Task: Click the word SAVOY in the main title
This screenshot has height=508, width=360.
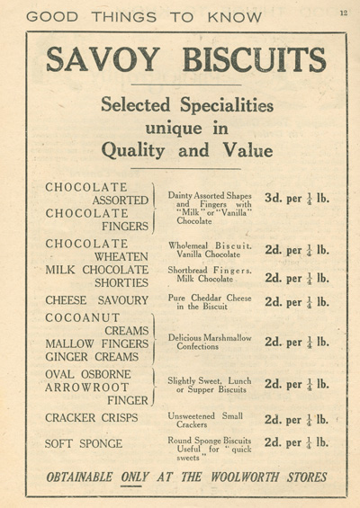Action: click(x=100, y=60)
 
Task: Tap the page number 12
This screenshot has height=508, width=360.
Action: click(x=343, y=13)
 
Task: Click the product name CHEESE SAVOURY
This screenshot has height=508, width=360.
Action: click(x=96, y=299)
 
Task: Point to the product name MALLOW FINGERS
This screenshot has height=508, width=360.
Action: click(x=96, y=343)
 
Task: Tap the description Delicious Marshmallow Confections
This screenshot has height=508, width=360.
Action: click(x=209, y=342)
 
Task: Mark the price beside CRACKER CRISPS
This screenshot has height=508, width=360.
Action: click(x=297, y=418)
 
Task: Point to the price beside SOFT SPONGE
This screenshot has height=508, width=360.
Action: click(x=297, y=443)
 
